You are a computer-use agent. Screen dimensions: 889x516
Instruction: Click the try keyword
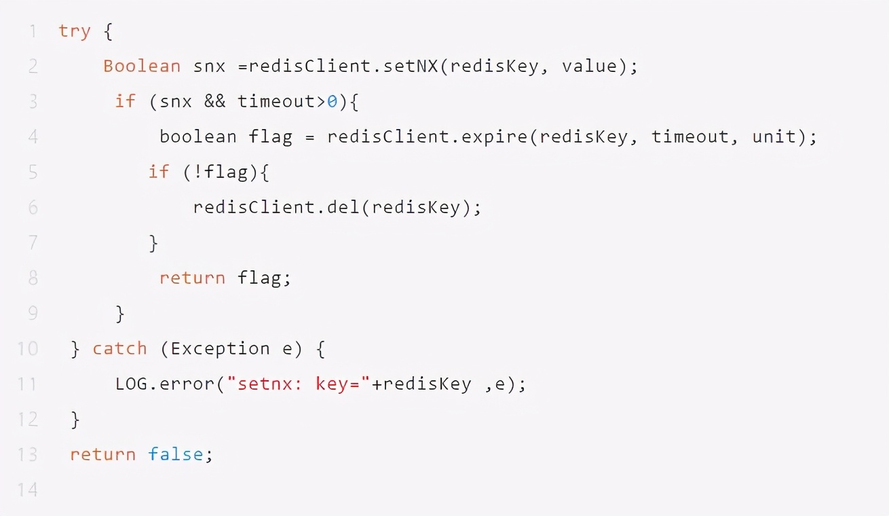coord(74,31)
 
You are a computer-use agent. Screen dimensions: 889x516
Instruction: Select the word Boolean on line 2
coord(142,67)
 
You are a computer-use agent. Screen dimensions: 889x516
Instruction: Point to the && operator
coord(215,102)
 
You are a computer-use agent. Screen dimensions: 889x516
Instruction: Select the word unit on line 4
coord(774,136)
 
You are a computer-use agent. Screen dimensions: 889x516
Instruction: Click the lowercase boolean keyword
coord(198,136)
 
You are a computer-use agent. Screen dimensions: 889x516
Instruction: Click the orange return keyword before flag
coord(192,278)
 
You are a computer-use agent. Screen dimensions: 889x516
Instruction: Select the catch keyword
coord(119,349)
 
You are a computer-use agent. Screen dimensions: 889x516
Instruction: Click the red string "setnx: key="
coord(299,384)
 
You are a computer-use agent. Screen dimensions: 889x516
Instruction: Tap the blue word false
coord(176,454)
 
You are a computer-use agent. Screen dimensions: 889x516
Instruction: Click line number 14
coord(28,490)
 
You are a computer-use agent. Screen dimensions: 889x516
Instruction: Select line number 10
coord(28,349)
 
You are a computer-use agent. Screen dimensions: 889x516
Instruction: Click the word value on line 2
coord(589,67)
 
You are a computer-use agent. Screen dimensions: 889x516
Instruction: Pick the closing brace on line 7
coord(153,243)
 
